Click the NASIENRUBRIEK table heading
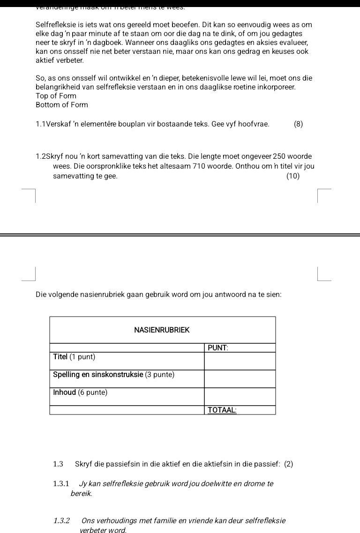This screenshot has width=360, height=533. coord(162,330)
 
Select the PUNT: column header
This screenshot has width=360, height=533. coord(217,348)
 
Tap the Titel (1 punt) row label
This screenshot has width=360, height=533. coord(74,357)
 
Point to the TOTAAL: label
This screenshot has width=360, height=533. coord(222,410)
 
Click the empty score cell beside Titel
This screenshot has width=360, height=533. coord(240,361)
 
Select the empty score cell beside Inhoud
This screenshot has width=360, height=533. coord(240,396)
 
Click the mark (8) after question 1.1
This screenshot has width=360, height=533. coord(298,124)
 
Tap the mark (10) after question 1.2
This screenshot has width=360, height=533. coord(292,176)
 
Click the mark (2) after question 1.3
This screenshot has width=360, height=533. coord(288,464)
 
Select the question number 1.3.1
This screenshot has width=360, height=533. coord(61,483)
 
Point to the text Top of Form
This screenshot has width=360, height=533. coord(56,96)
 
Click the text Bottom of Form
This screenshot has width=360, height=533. coord(61,105)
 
